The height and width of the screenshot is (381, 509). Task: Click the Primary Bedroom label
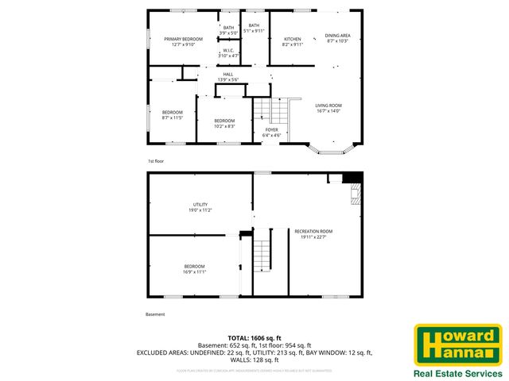tap(183, 42)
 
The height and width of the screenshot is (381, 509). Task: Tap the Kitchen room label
tap(293, 42)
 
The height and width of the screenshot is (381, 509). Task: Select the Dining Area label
tap(338, 38)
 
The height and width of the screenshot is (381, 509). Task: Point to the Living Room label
tap(328, 108)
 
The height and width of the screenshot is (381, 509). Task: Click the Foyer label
tap(272, 132)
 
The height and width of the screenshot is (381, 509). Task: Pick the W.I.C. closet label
tap(228, 52)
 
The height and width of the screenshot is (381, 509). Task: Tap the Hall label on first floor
tap(228, 77)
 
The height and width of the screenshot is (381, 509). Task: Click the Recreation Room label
tap(313, 233)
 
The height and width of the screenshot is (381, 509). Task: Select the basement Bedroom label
tap(195, 268)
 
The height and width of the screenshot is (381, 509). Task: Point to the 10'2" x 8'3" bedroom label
tap(224, 123)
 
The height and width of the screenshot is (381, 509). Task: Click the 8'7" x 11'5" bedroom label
tap(173, 115)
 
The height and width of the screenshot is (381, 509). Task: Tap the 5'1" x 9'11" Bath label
tap(254, 29)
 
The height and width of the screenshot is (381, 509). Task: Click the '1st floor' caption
tap(156, 161)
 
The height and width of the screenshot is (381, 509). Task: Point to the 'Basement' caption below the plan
tap(156, 314)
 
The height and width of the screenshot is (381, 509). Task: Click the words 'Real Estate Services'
tap(457, 373)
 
